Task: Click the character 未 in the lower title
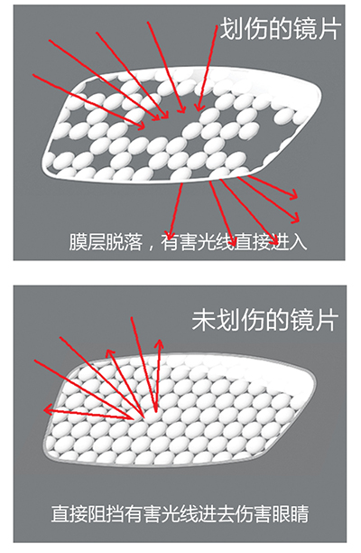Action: tap(203, 320)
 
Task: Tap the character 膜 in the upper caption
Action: tap(78, 241)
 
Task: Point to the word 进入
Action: tap(289, 241)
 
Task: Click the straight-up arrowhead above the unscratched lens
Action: tap(161, 344)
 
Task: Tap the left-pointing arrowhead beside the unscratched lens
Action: tap(48, 409)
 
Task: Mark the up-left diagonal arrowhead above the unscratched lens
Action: tap(110, 353)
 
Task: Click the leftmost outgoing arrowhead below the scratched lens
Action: tap(170, 234)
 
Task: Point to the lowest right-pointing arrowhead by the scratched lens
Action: tap(294, 218)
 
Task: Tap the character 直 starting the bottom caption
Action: tap(60, 514)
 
